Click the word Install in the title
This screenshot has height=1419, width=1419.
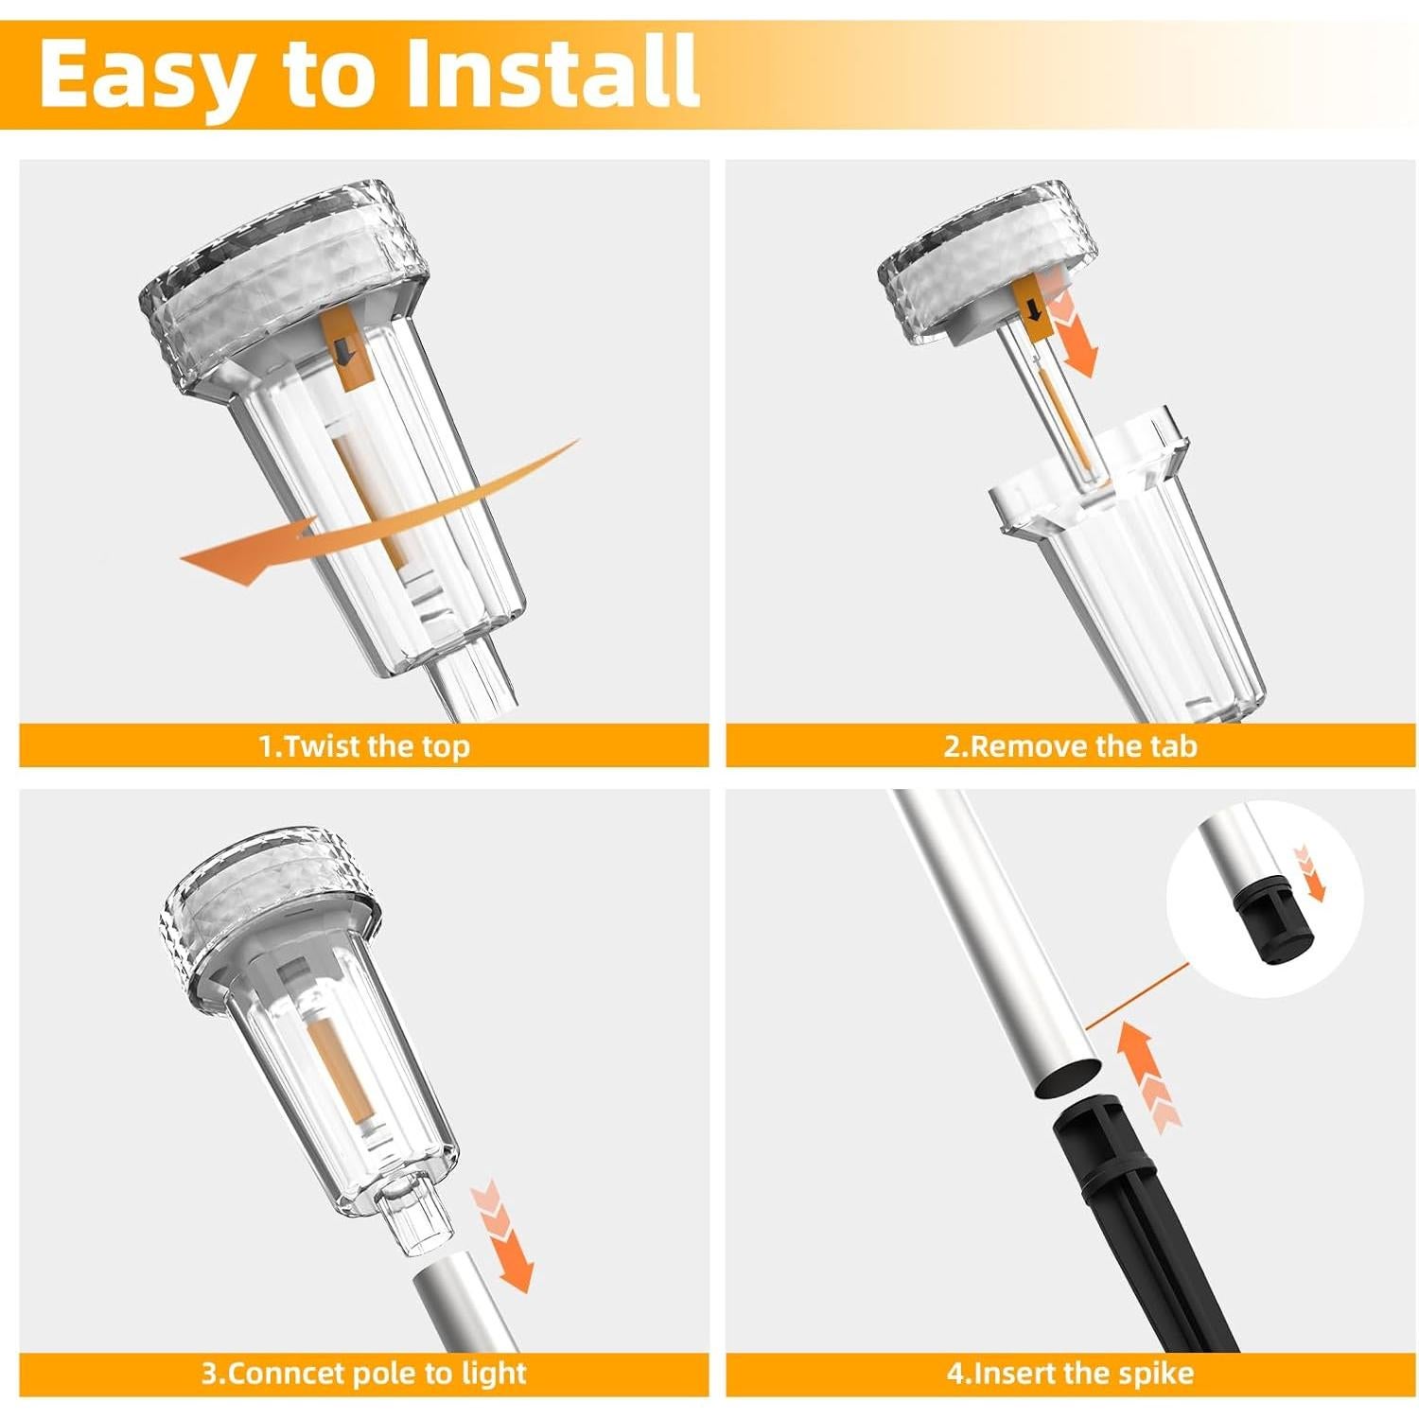point(553,71)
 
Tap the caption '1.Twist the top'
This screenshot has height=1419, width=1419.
point(364,746)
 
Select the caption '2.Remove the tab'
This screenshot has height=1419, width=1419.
point(1071,746)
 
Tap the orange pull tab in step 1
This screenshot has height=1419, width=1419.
point(342,350)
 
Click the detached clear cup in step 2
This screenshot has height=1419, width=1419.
point(1126,558)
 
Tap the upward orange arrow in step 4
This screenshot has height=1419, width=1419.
point(1147,1074)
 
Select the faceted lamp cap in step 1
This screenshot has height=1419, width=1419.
point(282,284)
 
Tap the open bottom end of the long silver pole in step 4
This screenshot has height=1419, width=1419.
point(1067,1079)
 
